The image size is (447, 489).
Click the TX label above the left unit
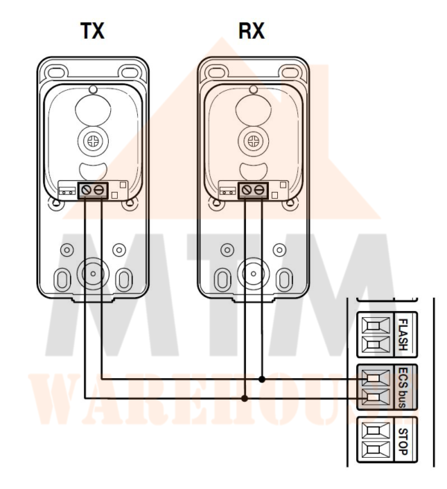(92, 31)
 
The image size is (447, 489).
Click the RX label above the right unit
(252, 31)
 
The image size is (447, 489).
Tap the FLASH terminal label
(403, 334)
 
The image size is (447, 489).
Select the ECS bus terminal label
(403, 388)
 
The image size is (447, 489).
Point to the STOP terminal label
(403, 441)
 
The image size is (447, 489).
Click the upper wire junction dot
(262, 380)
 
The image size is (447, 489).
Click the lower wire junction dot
(244, 398)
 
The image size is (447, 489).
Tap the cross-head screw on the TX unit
(93, 141)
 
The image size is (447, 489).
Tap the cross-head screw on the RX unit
(253, 141)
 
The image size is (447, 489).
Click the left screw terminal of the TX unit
(86, 189)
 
